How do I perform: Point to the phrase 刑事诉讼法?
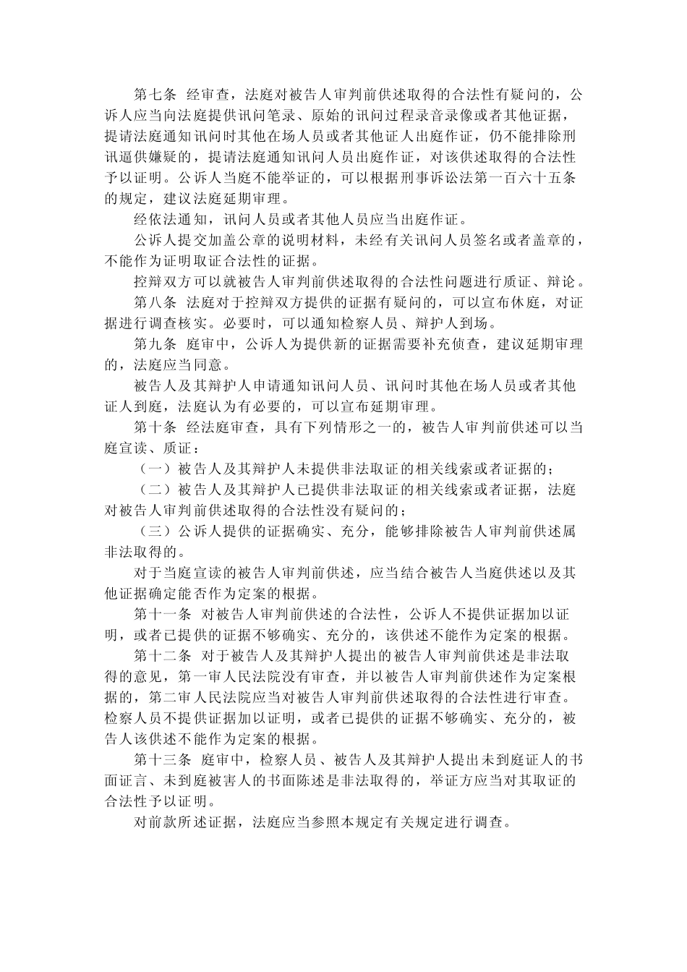point(433,177)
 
